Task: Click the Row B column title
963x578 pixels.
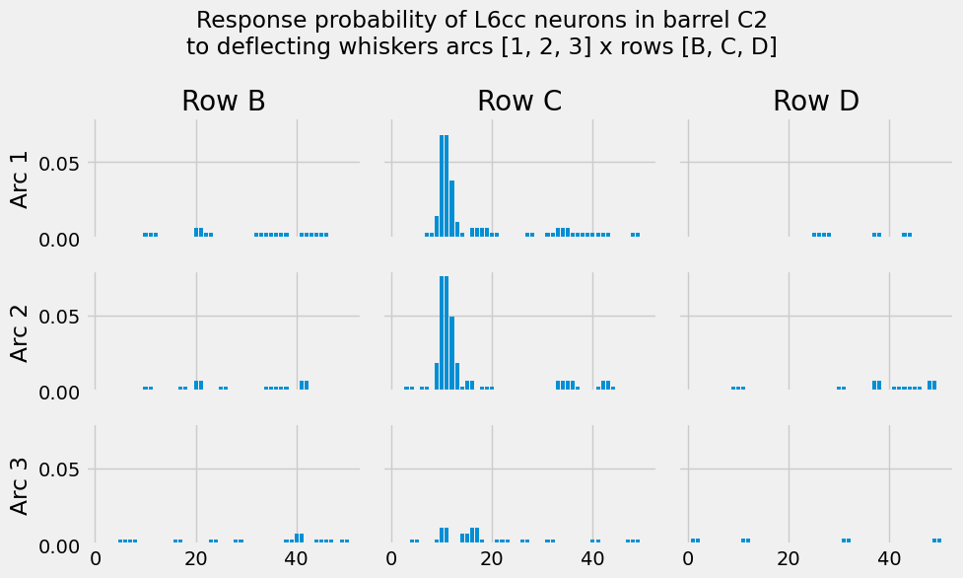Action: coord(223,101)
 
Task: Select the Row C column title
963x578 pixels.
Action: coord(519,101)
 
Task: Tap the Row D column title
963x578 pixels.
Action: coord(815,101)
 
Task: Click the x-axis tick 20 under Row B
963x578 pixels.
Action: coord(196,559)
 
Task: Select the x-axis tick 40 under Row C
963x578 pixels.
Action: coord(592,559)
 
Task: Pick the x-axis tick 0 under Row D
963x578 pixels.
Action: coord(688,559)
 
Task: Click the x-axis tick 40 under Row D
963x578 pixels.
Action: coord(889,559)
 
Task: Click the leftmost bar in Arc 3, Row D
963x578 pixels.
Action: coord(693,541)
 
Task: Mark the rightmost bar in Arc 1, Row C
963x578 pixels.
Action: coord(638,235)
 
